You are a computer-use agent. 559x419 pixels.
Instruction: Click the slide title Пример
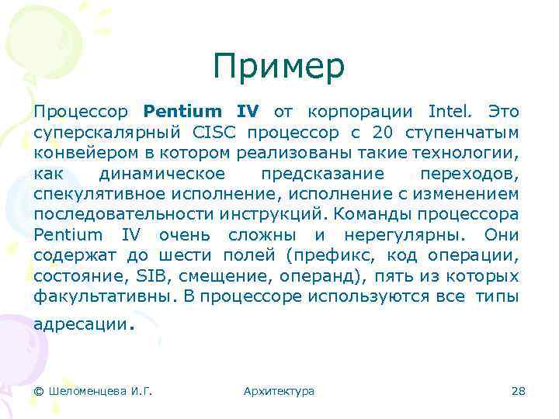click(x=279, y=68)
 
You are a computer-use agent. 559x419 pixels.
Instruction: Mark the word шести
click(x=189, y=255)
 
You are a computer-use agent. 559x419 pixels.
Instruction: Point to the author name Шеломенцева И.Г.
click(x=93, y=391)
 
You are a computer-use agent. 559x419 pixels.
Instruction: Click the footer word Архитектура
click(x=279, y=391)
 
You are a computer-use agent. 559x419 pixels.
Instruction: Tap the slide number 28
click(x=519, y=391)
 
